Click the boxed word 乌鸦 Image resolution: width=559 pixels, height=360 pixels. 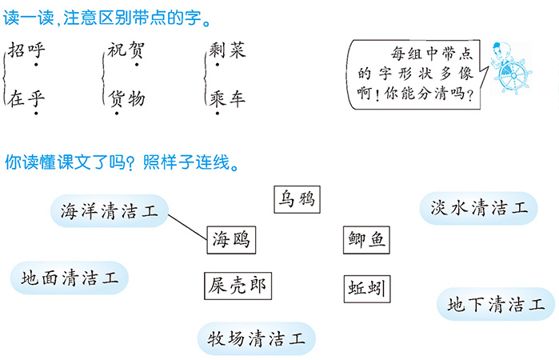[297, 199]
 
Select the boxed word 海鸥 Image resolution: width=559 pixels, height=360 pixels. [231, 240]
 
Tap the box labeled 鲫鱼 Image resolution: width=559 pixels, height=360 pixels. [366, 240]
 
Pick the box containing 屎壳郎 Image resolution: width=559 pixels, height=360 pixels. [238, 286]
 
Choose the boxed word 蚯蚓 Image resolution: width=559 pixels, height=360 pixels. [367, 289]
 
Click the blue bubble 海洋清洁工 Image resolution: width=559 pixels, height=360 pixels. [109, 211]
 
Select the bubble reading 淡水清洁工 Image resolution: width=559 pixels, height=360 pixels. [478, 208]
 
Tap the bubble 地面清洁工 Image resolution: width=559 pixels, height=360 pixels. [69, 278]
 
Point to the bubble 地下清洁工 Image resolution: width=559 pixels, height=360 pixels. [496, 304]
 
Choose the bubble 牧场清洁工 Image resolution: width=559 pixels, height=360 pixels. [257, 338]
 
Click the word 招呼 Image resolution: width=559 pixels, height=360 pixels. [26, 50]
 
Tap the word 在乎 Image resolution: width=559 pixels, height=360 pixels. [26, 98]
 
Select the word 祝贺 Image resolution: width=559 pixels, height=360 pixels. [126, 50]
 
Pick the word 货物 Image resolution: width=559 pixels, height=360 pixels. [126, 98]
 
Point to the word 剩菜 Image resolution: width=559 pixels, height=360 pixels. [227, 50]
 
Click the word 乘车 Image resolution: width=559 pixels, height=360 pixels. [227, 98]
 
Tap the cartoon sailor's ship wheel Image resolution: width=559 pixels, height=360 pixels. [513, 76]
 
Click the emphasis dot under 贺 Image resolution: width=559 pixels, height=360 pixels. [137, 65]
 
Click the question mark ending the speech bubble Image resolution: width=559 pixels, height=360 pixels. [470, 96]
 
